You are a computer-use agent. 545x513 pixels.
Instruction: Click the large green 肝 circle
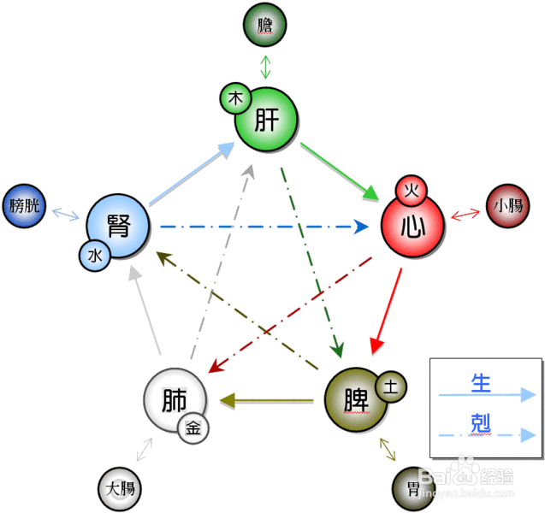click(x=270, y=121)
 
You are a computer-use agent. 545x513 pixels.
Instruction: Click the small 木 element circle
click(x=234, y=98)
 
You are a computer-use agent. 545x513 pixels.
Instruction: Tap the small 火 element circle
click(x=410, y=190)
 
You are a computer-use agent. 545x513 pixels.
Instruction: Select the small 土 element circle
click(x=390, y=386)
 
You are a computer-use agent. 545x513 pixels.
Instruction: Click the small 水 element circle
click(x=94, y=254)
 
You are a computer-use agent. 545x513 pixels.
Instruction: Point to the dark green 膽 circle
click(x=265, y=26)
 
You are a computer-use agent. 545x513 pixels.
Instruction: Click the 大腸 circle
click(x=120, y=489)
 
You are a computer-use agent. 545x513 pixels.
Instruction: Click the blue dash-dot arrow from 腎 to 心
click(x=257, y=227)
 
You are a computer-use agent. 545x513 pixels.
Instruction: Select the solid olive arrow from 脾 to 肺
click(x=270, y=399)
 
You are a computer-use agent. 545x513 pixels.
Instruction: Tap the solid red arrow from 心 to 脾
click(x=387, y=308)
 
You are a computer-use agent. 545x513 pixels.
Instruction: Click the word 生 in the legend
click(x=481, y=384)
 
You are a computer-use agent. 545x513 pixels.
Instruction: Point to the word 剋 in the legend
click(x=481, y=423)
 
